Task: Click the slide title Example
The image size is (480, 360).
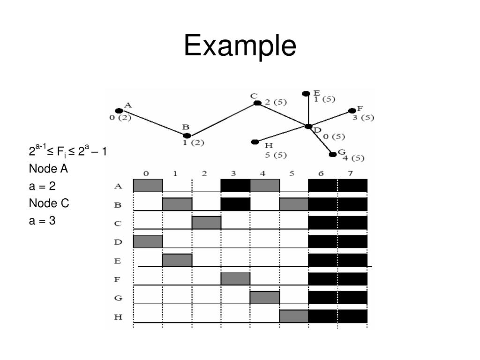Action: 240,47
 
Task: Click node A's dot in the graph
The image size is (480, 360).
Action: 119,111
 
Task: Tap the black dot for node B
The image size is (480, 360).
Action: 187,136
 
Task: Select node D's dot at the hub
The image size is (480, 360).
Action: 308,127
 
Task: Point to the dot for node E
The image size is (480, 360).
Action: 306,93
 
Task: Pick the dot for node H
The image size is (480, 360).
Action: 255,142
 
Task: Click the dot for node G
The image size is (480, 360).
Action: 333,154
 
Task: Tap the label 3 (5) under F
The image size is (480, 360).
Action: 363,118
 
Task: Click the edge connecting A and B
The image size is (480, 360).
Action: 153,123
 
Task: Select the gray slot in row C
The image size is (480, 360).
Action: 206,223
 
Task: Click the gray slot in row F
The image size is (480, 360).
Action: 235,279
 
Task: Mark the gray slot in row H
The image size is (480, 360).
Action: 294,316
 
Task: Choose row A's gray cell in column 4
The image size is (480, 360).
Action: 265,185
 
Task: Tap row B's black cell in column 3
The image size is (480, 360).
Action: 235,204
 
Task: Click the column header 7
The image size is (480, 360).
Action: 350,173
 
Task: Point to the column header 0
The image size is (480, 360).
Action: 146,173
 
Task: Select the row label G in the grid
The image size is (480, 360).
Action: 118,298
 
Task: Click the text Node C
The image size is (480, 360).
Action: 49,203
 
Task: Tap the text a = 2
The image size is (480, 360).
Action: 42,186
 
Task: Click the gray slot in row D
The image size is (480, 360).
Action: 148,241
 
